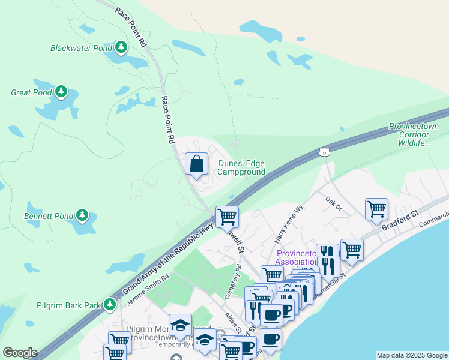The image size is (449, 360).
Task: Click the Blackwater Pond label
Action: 80,47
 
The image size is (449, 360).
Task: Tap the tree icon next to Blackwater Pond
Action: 121,47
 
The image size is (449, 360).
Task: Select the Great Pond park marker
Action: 61,92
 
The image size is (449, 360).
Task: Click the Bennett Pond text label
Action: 48,215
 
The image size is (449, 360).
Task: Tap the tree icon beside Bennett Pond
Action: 82,215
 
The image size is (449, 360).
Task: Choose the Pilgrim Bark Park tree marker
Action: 109,305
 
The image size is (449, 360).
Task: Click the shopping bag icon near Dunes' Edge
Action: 196,164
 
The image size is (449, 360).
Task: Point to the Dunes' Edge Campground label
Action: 241,167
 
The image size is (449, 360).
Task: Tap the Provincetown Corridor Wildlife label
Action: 414,134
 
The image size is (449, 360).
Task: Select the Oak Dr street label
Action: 333,203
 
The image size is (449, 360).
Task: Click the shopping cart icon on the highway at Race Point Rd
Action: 227,216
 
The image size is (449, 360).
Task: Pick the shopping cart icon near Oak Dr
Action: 376,208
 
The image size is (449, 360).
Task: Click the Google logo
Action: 20,352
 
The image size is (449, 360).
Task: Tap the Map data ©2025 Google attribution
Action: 411,355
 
